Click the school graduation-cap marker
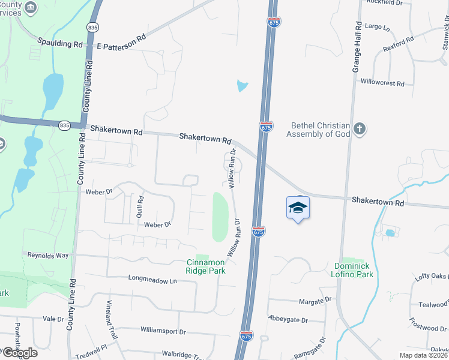298,208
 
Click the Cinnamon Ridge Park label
206,266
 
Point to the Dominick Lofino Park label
354,269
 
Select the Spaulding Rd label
60,44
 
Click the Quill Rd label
140,206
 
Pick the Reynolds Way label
48,255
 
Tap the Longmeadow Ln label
153,279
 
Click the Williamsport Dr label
163,331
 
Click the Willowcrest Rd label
382,83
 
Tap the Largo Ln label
377,28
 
